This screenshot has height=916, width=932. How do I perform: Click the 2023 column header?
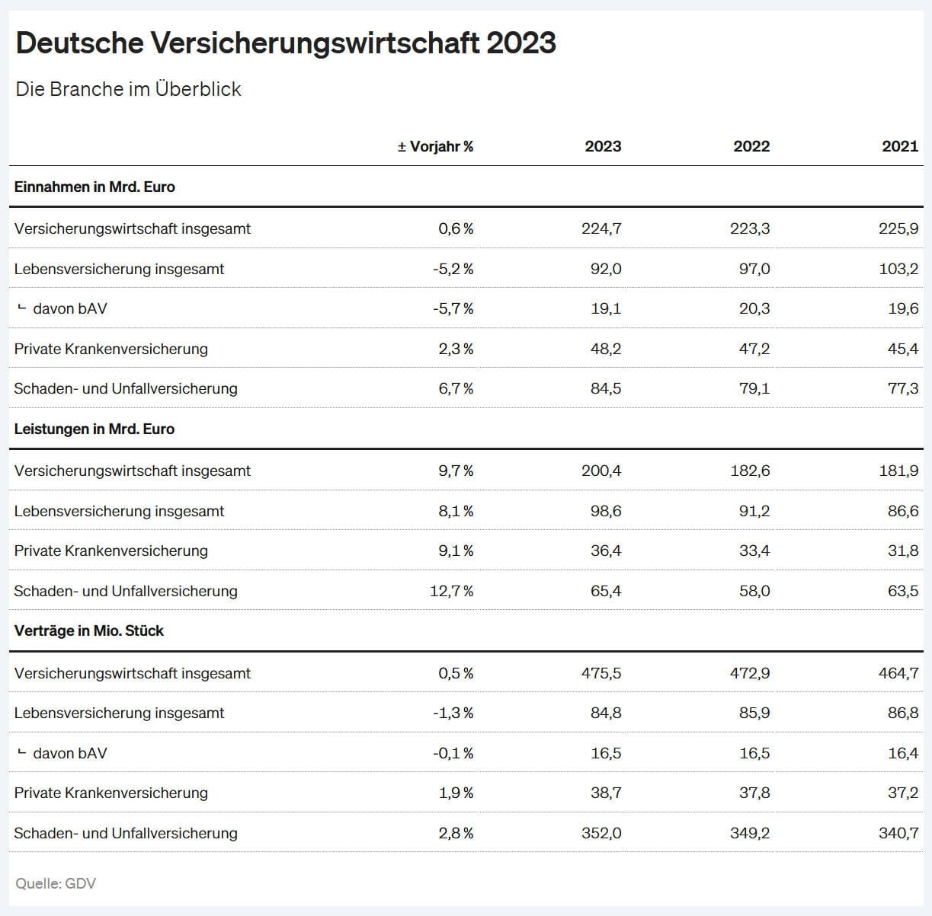point(603,146)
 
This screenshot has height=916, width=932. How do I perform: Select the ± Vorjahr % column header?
point(435,146)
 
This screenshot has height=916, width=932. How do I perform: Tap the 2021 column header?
point(900,146)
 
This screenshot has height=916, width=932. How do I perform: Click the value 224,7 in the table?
point(601,228)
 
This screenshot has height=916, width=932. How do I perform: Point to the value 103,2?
point(898,269)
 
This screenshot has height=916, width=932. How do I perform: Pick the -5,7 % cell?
point(453,308)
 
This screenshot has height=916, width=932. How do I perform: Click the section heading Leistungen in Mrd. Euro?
point(94,429)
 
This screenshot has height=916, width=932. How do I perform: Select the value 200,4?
point(601,471)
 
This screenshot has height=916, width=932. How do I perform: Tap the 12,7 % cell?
point(452,591)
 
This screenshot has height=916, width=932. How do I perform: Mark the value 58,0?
point(754,591)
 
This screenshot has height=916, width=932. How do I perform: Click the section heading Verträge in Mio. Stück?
point(89,630)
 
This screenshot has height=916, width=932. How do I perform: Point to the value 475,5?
point(601,673)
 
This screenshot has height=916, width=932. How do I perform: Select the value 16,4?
point(903,753)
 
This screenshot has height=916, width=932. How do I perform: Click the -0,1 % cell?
point(453,753)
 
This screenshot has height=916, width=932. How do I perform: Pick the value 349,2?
point(750,833)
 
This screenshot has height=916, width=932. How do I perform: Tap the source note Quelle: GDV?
point(56,883)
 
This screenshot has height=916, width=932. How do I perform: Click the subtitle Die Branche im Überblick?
point(128,89)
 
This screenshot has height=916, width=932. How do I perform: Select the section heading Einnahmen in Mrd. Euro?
point(94,187)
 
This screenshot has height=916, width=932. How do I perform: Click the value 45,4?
point(903,349)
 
